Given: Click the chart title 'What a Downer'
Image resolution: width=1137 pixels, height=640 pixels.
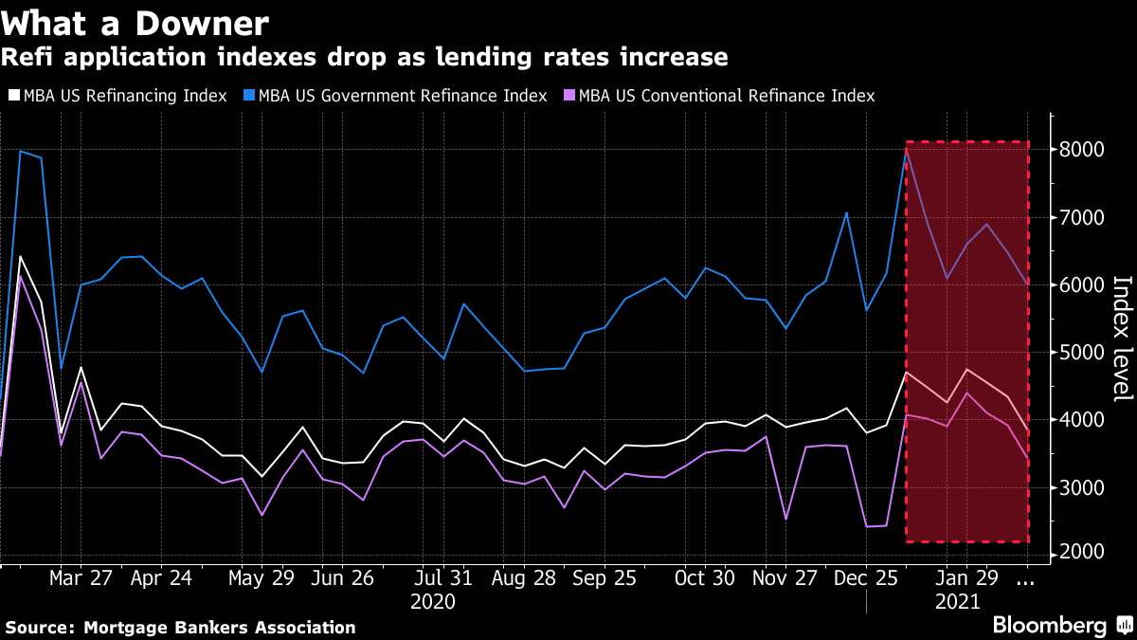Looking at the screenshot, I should (135, 23).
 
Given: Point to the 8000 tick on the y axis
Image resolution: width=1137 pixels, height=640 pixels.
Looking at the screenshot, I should (1081, 150).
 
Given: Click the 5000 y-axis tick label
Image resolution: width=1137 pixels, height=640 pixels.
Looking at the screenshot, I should (1081, 353).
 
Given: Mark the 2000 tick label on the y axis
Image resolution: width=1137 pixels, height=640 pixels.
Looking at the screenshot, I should (1081, 554).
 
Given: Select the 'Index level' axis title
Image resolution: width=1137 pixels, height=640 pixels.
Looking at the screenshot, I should (1121, 351).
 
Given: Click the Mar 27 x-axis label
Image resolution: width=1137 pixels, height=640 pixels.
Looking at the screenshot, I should (81, 578).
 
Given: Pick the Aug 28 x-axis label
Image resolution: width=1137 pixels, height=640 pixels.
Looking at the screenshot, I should (523, 578).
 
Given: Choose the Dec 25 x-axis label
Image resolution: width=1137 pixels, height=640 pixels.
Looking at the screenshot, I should (867, 578).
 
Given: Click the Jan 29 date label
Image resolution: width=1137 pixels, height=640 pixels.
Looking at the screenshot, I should (966, 578).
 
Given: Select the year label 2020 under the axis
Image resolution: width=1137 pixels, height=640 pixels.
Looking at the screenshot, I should (433, 601).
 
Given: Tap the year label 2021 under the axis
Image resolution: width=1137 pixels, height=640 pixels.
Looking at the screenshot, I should (958, 601).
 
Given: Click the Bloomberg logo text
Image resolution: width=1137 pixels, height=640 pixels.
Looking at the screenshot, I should (1049, 626).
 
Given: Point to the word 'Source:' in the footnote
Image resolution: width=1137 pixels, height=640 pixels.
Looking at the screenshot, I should (42, 628).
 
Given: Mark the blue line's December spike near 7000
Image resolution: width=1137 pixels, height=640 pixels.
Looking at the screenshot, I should (846, 213).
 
